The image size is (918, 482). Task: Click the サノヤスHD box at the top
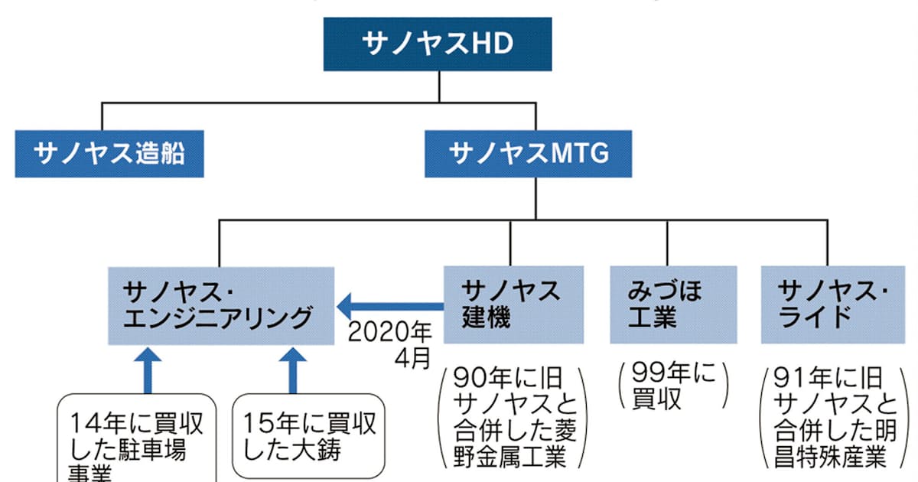pos(438,44)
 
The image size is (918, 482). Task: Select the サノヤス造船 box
pos(109,155)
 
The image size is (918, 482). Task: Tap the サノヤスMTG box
pos(529,155)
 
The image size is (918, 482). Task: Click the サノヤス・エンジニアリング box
pos(220,305)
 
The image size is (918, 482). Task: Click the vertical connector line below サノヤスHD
pos(438,86)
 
